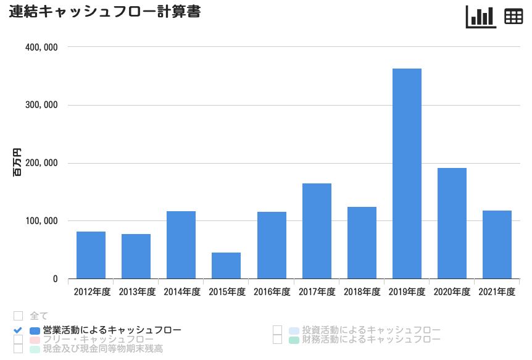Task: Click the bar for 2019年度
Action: click(x=407, y=174)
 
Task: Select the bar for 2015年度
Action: click(x=226, y=266)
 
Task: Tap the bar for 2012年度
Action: click(x=91, y=255)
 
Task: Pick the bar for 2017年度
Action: click(x=317, y=231)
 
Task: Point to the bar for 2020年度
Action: click(x=452, y=224)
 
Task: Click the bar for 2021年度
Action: click(x=497, y=245)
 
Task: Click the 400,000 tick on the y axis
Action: click(x=43, y=47)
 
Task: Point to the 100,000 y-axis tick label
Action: click(x=43, y=221)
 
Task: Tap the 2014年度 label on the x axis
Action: click(x=181, y=292)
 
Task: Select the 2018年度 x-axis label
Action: click(x=362, y=292)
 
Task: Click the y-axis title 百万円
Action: click(x=17, y=163)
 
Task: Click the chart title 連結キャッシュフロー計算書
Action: click(x=105, y=12)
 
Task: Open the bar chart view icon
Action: click(x=481, y=17)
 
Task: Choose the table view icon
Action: click(x=513, y=17)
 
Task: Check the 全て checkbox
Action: click(x=18, y=316)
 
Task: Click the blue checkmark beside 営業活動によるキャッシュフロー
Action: click(x=18, y=330)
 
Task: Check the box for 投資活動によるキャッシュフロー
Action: click(x=277, y=330)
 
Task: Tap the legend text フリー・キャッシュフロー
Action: click(x=98, y=340)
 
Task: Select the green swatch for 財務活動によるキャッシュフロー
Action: click(x=294, y=340)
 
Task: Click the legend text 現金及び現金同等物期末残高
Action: click(x=103, y=349)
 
